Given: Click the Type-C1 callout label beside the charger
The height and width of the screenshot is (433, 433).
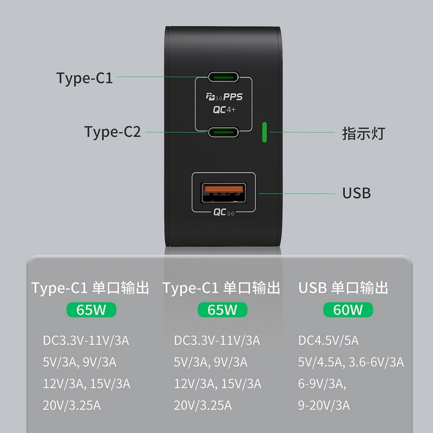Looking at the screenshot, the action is pyautogui.click(x=84, y=78).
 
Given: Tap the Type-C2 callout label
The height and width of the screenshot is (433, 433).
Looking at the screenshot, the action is pyautogui.click(x=113, y=132).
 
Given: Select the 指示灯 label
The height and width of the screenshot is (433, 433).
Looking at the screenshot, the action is pyautogui.click(x=363, y=133).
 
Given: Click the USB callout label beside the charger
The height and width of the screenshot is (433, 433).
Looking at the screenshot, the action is pyautogui.click(x=357, y=193).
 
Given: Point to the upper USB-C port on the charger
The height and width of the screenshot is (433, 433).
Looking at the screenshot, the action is pyautogui.click(x=224, y=77).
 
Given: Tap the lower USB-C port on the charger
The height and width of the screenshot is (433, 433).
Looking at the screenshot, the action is pyautogui.click(x=224, y=132).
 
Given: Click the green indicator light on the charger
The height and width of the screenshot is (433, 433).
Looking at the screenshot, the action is pyautogui.click(x=264, y=132).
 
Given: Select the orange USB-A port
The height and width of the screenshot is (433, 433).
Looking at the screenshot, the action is pyautogui.click(x=224, y=193).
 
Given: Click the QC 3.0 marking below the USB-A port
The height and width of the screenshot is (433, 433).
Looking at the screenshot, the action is pyautogui.click(x=224, y=212).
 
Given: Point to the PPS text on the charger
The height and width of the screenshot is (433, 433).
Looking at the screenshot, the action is pyautogui.click(x=233, y=97).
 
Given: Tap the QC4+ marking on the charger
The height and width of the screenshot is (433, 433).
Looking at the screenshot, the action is pyautogui.click(x=224, y=110).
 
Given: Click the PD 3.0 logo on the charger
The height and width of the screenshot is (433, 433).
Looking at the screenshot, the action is pyautogui.click(x=214, y=97).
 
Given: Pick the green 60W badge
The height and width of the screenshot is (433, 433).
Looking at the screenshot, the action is pyautogui.click(x=348, y=310).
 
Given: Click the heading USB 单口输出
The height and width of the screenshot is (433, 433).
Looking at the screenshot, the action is pyautogui.click(x=343, y=288).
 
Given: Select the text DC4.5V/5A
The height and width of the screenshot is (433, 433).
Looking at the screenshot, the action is pyautogui.click(x=329, y=340).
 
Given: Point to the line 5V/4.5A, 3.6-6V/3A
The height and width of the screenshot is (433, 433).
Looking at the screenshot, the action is pyautogui.click(x=351, y=362).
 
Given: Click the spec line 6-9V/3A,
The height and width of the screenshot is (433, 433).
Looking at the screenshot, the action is pyautogui.click(x=322, y=384).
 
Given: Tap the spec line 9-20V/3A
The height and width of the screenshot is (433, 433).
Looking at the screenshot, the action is pyautogui.click(x=324, y=405).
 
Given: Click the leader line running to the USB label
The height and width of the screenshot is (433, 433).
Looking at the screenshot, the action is pyautogui.click(x=297, y=193).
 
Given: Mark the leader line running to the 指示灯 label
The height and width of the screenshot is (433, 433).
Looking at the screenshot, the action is pyautogui.click(x=302, y=132).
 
